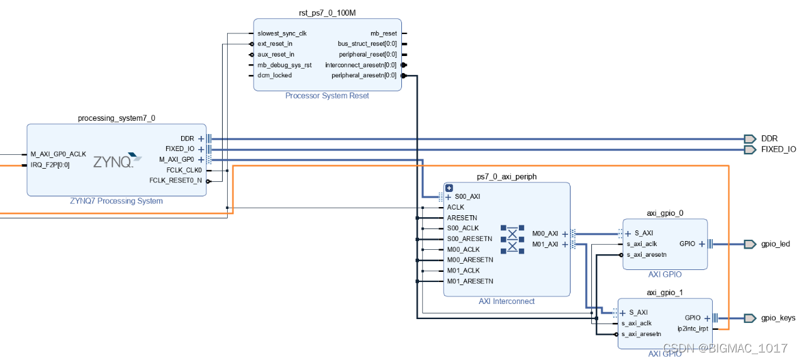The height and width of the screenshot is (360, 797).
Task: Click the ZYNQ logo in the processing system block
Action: pos(118,161)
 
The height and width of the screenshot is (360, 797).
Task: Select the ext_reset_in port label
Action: pos(275,44)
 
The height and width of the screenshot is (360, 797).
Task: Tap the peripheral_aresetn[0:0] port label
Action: pos(364,76)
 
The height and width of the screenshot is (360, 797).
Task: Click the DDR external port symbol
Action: pos(750,138)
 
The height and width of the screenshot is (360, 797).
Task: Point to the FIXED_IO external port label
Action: pos(778,150)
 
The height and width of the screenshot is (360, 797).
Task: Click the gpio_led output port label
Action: pos(775,244)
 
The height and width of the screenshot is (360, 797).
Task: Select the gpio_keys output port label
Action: pos(777,318)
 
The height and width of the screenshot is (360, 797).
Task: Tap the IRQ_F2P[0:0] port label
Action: pos(50,165)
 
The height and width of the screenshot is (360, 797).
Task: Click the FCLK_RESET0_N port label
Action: pos(176,181)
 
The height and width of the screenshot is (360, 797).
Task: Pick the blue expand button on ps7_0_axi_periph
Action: pos(449,188)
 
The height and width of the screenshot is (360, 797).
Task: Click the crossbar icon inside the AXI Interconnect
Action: pos(512,239)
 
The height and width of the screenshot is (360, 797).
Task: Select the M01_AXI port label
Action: pos(545,244)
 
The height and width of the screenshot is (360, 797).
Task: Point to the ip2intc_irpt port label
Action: pos(693,329)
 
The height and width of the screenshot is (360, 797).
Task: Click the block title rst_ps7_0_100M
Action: pos(327,13)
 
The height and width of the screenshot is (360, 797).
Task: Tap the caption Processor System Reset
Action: pos(327,96)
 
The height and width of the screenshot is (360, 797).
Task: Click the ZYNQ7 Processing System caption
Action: pos(116,201)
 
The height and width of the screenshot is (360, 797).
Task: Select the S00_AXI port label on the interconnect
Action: pos(467,196)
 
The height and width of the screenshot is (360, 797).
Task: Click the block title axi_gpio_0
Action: pos(665,213)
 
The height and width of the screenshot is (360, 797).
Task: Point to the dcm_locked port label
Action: pos(274,76)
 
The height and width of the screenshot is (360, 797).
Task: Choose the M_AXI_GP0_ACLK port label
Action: pos(58,154)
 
